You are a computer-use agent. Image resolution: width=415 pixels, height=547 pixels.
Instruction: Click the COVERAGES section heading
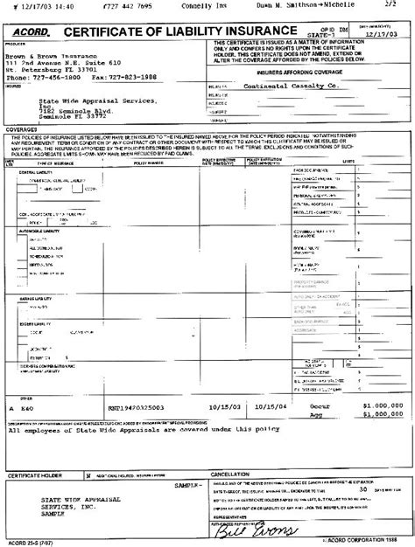pyautogui.click(x=22, y=129)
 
